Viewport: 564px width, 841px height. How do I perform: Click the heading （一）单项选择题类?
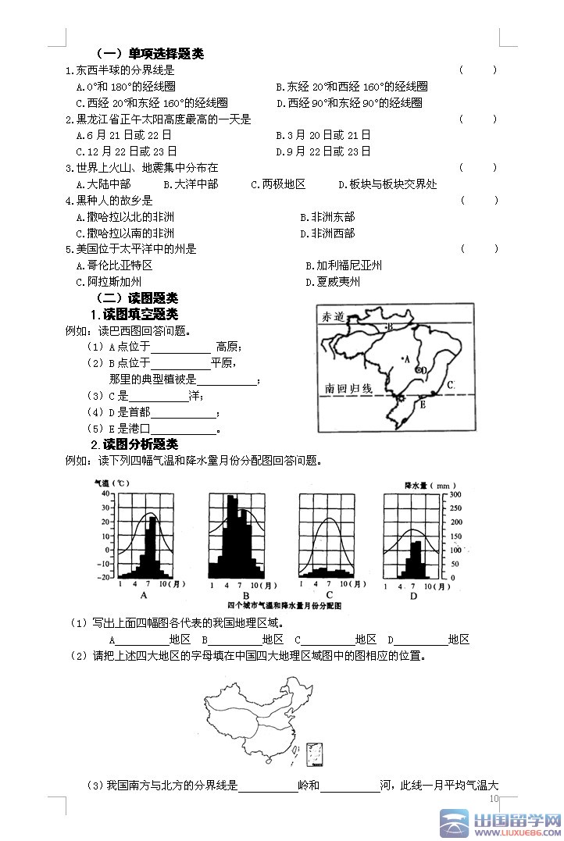click(149, 54)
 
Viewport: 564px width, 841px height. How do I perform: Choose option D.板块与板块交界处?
click(387, 184)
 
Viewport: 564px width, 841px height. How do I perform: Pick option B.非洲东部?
click(327, 217)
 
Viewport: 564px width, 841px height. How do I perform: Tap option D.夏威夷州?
click(333, 282)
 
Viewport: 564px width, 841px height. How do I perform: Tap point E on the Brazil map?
click(423, 404)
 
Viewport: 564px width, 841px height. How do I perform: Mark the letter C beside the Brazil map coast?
click(451, 384)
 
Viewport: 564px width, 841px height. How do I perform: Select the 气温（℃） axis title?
click(112, 483)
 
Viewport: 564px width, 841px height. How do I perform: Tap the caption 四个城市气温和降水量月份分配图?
click(284, 606)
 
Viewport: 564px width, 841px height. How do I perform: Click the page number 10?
click(493, 799)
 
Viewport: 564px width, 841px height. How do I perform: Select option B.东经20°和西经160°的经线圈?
click(352, 87)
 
